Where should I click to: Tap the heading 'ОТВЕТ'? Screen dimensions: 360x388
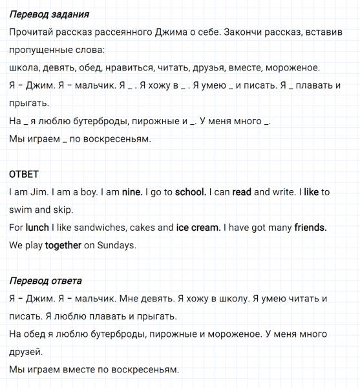click(25, 175)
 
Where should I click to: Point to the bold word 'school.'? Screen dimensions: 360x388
click(191, 192)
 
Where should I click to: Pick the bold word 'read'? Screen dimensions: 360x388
click(242, 192)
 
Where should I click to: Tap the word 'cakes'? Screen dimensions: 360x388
click(142, 228)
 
